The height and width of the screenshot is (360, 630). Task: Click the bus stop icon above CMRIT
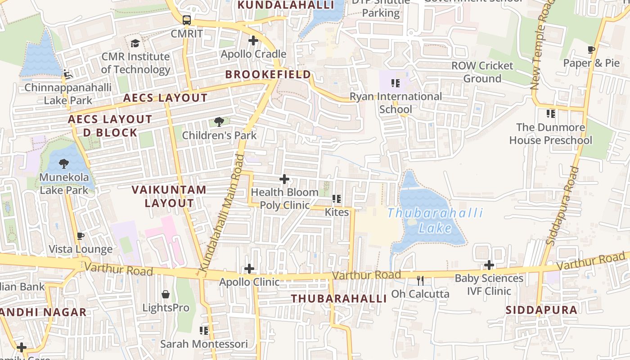[x=187, y=20]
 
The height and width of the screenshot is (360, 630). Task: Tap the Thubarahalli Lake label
[x=435, y=220]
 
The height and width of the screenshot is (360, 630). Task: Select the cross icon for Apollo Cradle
[x=253, y=40]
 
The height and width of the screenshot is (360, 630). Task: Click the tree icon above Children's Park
[x=219, y=121]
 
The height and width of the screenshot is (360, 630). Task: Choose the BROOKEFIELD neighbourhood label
[x=268, y=74]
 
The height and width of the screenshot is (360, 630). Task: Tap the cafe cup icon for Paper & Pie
[x=591, y=49]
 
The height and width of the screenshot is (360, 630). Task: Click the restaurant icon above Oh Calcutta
[x=420, y=281]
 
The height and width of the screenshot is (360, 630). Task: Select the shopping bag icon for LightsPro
[x=166, y=295]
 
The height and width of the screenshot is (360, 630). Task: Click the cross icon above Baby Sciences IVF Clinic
[x=489, y=265]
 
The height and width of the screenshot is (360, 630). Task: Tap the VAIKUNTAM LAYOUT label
[x=169, y=196]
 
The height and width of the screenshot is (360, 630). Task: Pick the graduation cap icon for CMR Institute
[x=135, y=43]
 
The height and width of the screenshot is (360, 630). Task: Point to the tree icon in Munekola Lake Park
[x=64, y=164]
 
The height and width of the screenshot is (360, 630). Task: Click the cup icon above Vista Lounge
[x=81, y=236]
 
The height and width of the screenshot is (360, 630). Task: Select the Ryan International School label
[x=396, y=103]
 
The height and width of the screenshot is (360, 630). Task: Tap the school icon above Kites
[x=337, y=198]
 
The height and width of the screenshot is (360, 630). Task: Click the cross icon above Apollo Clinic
[x=249, y=269]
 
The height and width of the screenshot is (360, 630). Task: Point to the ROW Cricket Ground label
[x=482, y=72]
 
